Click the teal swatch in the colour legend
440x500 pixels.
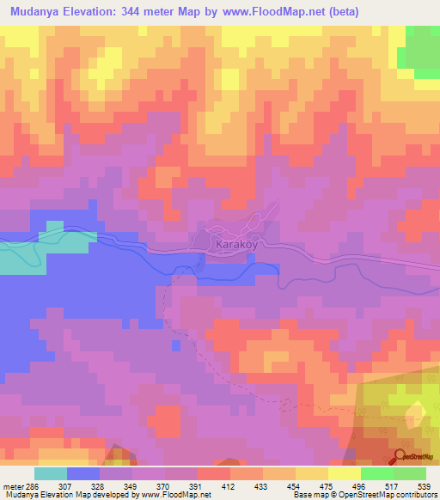(x=51, y=473)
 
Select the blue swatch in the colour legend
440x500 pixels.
(x=83, y=473)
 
